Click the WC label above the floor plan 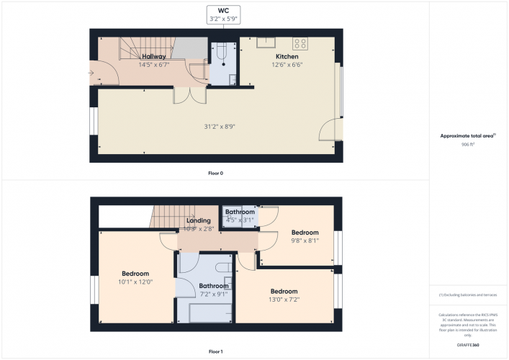click(224, 11)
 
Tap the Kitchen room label click(287, 56)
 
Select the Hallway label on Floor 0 click(153, 56)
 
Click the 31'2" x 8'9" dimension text click(220, 127)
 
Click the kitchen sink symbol click(268, 42)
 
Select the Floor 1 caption click(216, 352)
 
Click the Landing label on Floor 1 click(198, 220)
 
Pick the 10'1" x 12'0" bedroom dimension click(135, 282)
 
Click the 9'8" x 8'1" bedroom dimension click(305, 241)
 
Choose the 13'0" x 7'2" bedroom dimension click(284, 300)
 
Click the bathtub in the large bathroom click(209, 312)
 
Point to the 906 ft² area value click(468, 145)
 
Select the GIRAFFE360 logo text click(468, 346)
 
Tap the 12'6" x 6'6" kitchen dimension click(287, 64)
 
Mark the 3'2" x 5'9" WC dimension click(224, 18)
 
